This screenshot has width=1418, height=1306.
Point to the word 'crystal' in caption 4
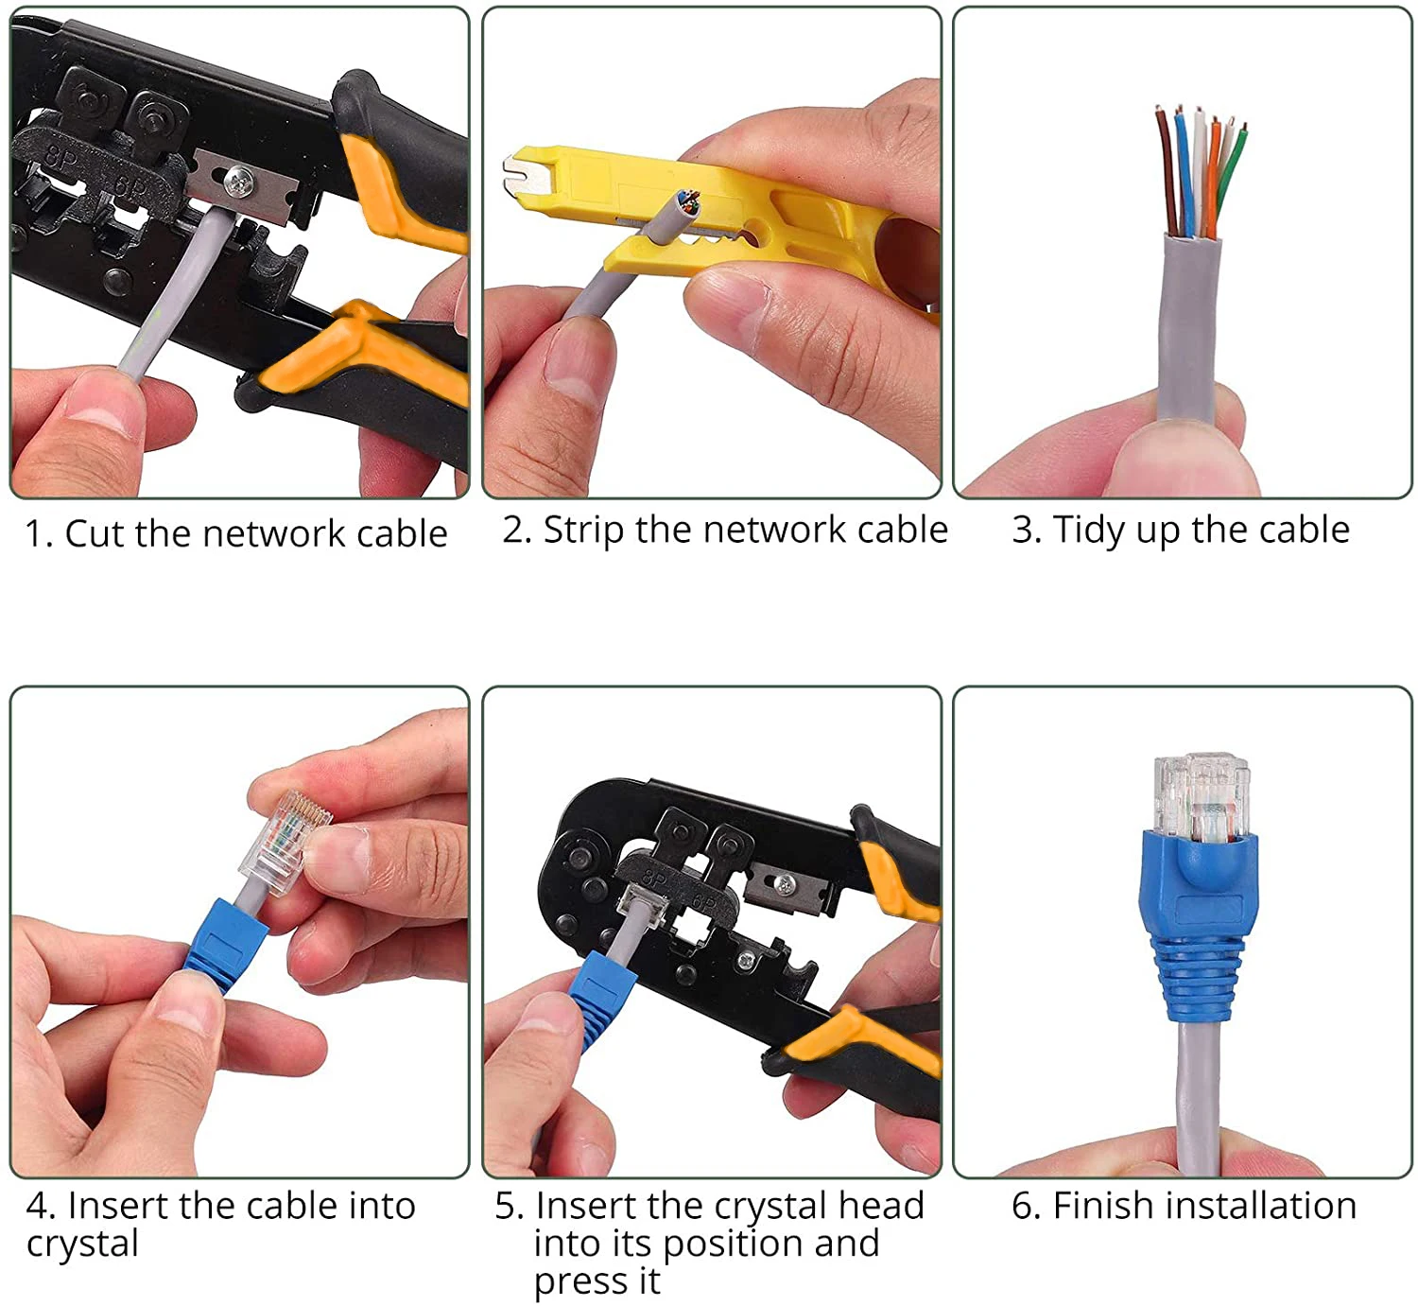(x=82, y=1244)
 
